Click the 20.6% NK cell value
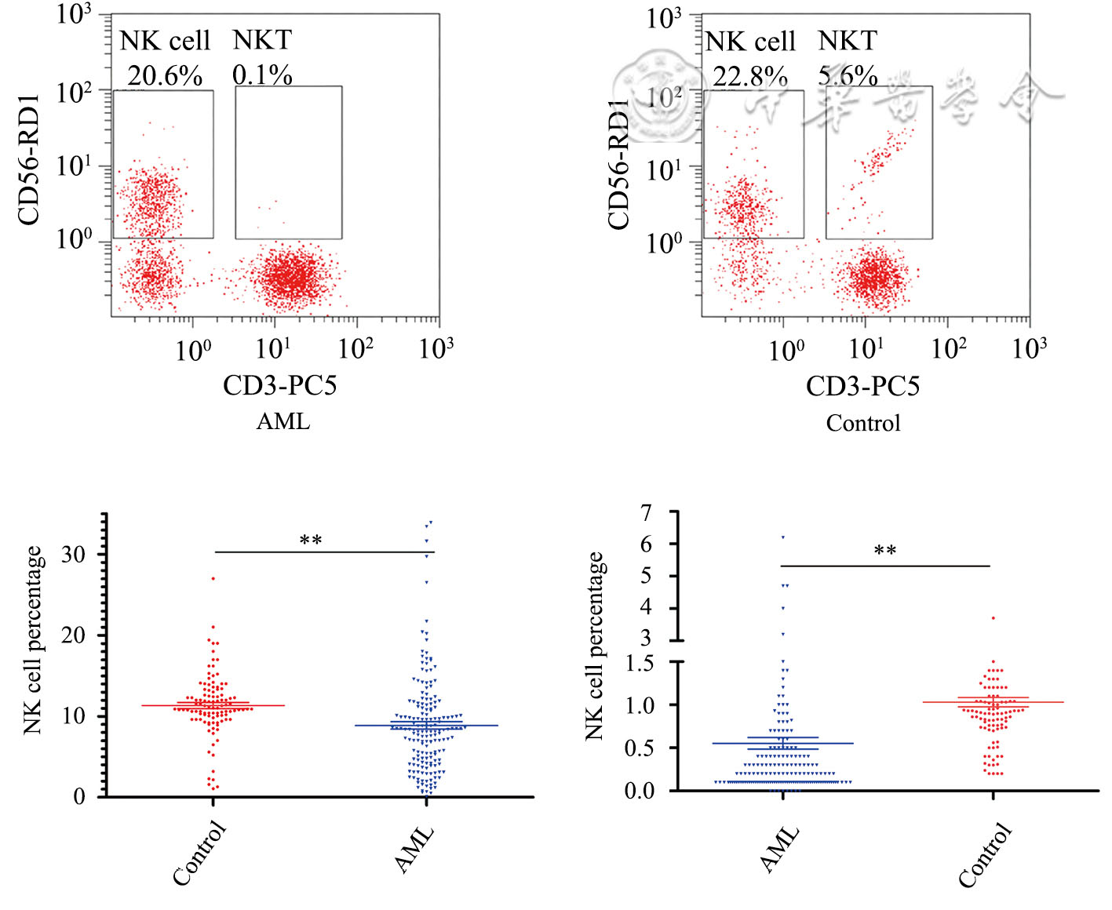[165, 76]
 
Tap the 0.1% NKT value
[262, 75]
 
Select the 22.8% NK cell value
[749, 77]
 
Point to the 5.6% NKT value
[848, 76]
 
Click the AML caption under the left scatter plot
[283, 421]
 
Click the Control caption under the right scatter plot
[862, 424]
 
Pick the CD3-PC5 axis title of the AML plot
[279, 385]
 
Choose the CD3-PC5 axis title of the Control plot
[862, 386]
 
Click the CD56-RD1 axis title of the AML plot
[29, 160]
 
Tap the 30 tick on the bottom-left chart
[74, 554]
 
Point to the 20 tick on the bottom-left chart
[74, 635]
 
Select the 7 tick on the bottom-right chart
[646, 513]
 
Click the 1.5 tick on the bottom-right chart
[639, 664]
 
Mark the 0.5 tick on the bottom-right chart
[639, 748]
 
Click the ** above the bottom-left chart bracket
[311, 541]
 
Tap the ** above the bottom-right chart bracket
[885, 551]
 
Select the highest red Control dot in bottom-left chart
[213, 578]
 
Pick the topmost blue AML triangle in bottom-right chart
[782, 537]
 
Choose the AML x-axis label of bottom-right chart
[780, 849]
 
